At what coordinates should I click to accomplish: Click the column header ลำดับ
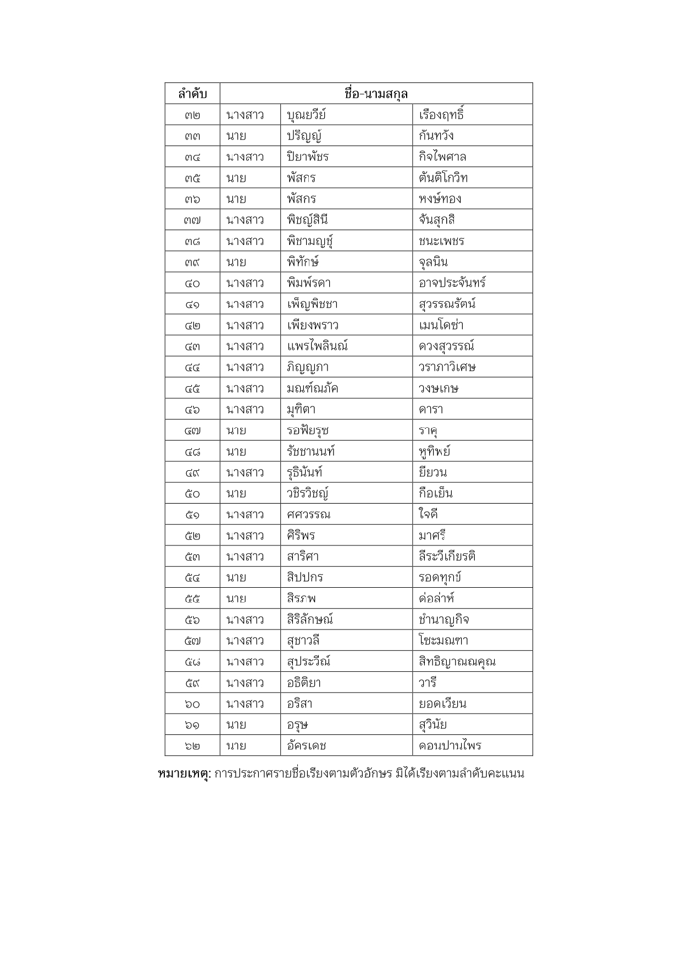click(192, 94)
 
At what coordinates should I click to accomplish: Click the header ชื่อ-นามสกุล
click(376, 93)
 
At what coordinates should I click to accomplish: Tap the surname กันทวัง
click(436, 136)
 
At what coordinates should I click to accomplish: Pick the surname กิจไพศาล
click(442, 157)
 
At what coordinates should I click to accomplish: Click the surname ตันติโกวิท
click(443, 178)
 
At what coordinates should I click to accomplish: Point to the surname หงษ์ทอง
click(440, 199)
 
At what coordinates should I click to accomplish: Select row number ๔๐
click(192, 283)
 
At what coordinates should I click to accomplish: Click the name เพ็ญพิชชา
click(312, 304)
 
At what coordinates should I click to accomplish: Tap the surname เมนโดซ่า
click(441, 325)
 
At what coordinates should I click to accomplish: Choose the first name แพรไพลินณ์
click(317, 347)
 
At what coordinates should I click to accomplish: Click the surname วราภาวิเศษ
click(447, 367)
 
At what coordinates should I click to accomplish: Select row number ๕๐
click(192, 494)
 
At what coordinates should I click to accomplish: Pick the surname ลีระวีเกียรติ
click(447, 557)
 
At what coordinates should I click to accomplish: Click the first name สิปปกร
click(304, 578)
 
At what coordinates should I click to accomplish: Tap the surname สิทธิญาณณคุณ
click(457, 662)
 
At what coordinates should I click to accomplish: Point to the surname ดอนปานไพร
click(450, 746)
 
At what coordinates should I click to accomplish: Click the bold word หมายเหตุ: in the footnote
click(184, 774)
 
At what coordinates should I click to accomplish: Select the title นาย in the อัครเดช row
click(236, 746)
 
